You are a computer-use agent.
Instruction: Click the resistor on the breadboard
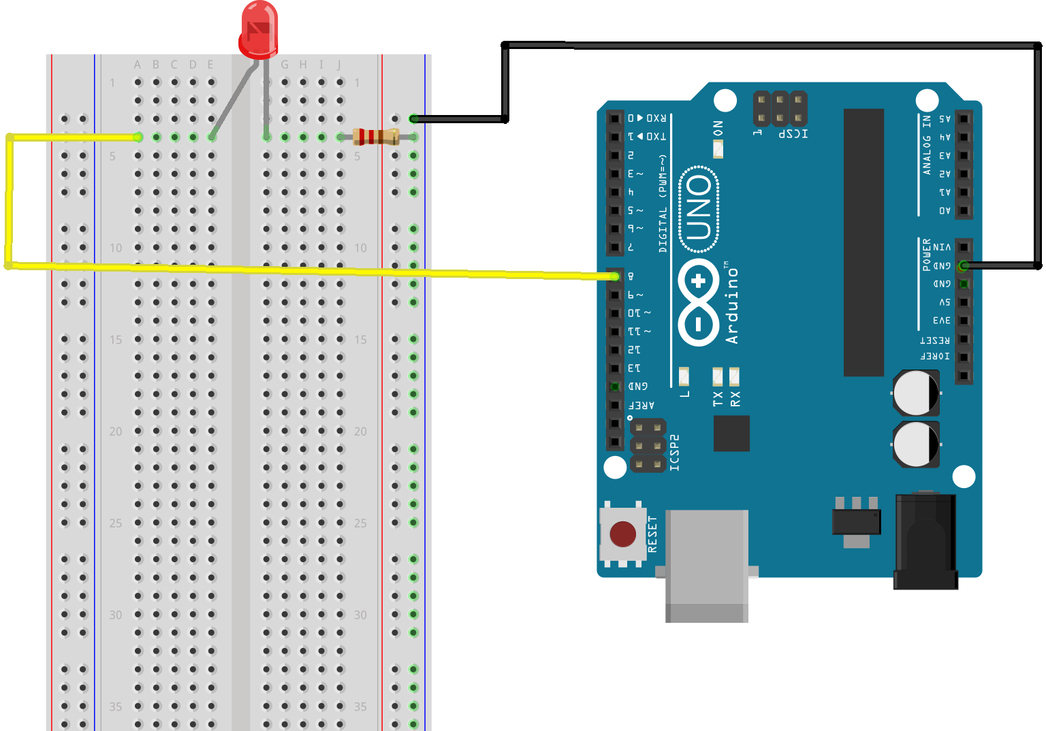(x=375, y=137)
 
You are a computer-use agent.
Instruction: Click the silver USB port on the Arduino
(x=707, y=565)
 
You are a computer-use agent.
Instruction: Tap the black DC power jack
(x=925, y=541)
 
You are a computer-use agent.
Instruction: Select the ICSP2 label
(x=674, y=453)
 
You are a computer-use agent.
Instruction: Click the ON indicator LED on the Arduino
(x=718, y=148)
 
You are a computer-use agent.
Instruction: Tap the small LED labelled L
(x=684, y=376)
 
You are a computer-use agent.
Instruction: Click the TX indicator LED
(x=718, y=376)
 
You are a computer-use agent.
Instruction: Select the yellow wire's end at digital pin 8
(x=615, y=276)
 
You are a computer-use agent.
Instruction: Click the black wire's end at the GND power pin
(x=963, y=265)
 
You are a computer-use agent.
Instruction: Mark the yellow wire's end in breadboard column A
(x=138, y=137)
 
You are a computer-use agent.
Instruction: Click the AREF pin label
(x=641, y=405)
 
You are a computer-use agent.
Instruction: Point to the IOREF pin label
(x=935, y=356)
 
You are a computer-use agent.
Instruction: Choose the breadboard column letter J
(x=339, y=65)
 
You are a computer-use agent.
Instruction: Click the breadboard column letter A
(x=138, y=65)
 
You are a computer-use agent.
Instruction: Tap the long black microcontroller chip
(x=863, y=242)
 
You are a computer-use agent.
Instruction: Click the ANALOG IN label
(x=926, y=145)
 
